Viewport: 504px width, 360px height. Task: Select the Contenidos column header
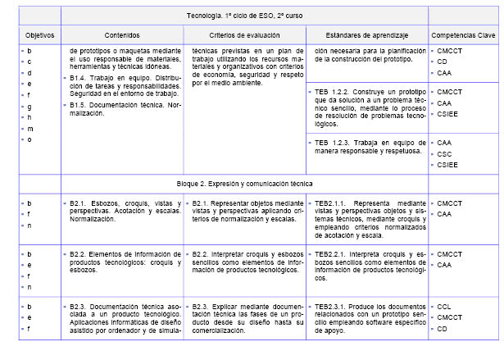(122, 36)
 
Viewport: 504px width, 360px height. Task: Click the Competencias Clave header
(465, 36)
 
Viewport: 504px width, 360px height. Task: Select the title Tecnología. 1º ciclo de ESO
(245, 16)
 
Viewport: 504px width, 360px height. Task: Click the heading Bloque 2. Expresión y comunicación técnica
(245, 183)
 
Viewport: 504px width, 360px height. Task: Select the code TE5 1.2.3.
(330, 143)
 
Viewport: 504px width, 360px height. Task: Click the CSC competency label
(445, 153)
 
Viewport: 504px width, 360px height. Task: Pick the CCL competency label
(445, 308)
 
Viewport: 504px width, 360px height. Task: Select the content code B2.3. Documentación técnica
(80, 306)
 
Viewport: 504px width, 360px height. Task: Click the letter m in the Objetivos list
(30, 129)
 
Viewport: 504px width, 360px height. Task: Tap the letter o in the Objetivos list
(30, 139)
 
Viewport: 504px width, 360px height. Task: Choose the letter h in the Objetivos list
(30, 117)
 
